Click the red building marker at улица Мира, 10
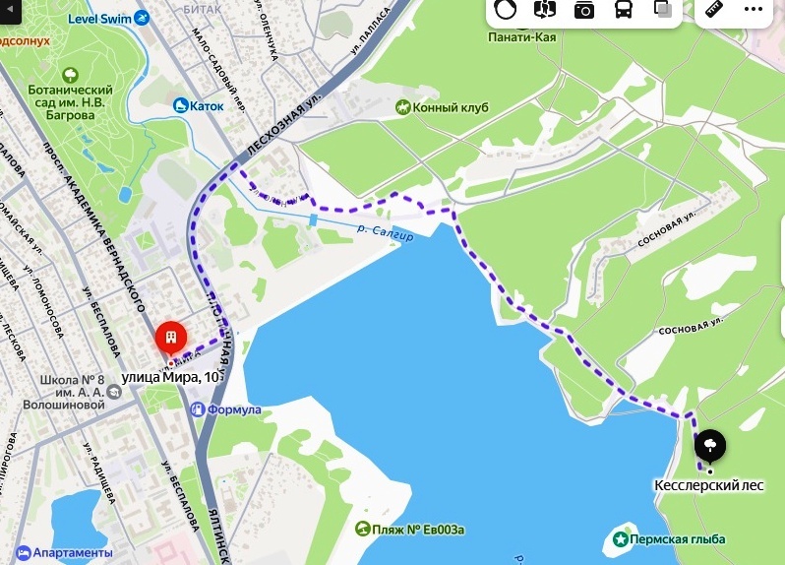pos(171,340)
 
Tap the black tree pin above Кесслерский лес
pos(709,447)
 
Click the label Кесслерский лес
pos(708,485)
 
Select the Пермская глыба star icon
pos(621,538)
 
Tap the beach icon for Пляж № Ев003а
pos(363,530)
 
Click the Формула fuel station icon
pos(198,408)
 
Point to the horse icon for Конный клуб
pos(402,106)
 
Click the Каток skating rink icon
pos(181,104)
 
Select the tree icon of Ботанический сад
pos(70,74)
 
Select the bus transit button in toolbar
pos(624,10)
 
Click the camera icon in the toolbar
pos(585,10)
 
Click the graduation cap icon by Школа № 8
pos(116,392)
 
